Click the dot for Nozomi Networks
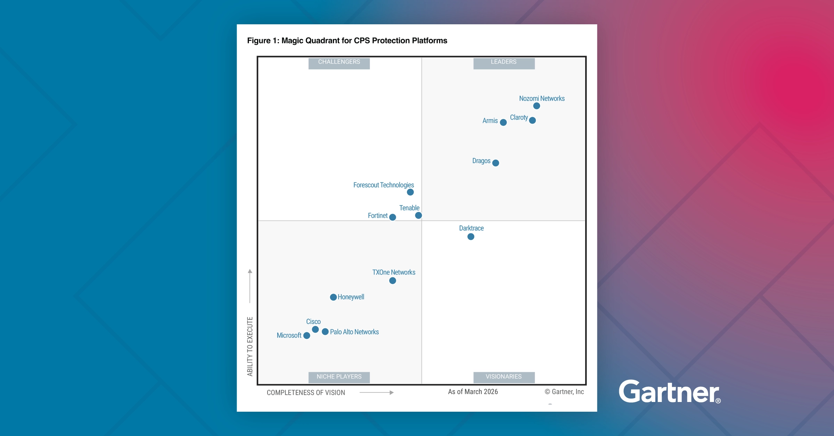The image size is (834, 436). click(537, 106)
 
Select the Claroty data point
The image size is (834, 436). click(532, 120)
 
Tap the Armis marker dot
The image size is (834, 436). click(503, 122)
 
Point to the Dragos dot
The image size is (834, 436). click(496, 163)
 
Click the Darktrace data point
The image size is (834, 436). click(471, 237)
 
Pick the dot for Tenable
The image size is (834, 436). click(418, 216)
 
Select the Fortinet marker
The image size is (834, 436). click(393, 217)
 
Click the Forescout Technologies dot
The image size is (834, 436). click(410, 192)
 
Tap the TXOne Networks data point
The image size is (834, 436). click(393, 281)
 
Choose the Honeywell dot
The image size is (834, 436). click(333, 297)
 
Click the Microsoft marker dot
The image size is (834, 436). click(306, 336)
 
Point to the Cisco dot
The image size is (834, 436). click(316, 329)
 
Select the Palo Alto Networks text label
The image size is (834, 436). click(354, 332)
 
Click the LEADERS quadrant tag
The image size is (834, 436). click(504, 62)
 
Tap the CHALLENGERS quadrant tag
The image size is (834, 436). click(339, 62)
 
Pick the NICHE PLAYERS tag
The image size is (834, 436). click(339, 377)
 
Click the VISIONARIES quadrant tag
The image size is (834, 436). click(504, 377)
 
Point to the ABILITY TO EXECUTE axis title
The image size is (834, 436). click(250, 346)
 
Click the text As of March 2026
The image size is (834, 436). click(473, 392)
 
